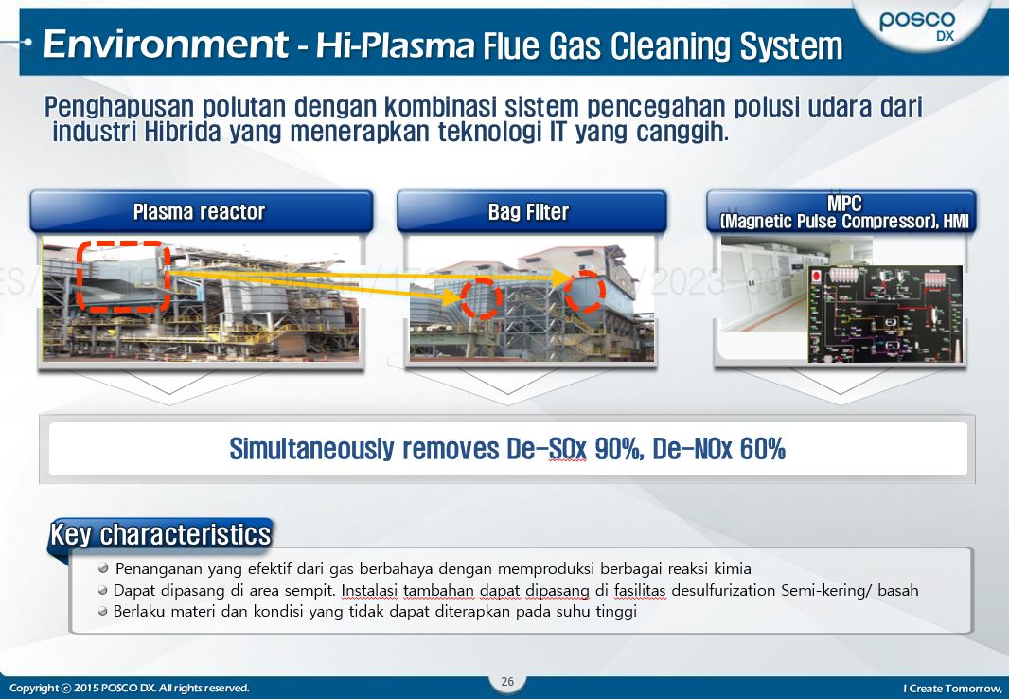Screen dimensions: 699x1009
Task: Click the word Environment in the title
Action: tap(166, 45)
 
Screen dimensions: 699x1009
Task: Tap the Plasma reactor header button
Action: tap(200, 211)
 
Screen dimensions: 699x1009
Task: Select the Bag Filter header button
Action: tap(528, 211)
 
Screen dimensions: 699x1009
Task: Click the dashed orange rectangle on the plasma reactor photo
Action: tap(123, 276)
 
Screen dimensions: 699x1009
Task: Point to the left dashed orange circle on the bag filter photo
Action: tap(482, 297)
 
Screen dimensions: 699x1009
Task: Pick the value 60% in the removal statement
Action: tap(762, 449)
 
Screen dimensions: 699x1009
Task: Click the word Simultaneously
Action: tap(313, 449)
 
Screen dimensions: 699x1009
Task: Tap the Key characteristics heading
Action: tap(161, 534)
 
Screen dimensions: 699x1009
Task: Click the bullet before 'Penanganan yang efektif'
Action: tap(103, 568)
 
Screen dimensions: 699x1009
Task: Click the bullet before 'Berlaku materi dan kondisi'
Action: tap(103, 611)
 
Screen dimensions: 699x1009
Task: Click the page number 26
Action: tap(507, 682)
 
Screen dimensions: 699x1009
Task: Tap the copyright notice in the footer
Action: tap(130, 688)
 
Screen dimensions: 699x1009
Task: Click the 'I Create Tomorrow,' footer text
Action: tap(952, 688)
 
